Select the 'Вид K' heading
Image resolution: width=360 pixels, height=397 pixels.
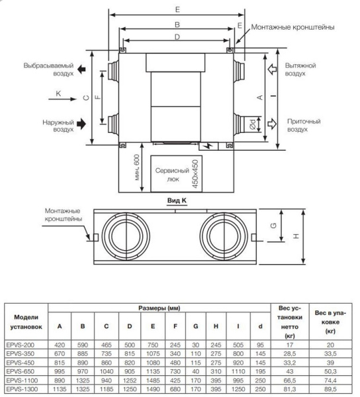tap(175, 198)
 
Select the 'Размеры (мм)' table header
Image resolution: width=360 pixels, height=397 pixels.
tap(159, 310)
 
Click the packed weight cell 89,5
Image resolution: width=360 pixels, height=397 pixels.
tap(328, 390)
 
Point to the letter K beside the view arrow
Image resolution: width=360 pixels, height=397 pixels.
tap(58, 94)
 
